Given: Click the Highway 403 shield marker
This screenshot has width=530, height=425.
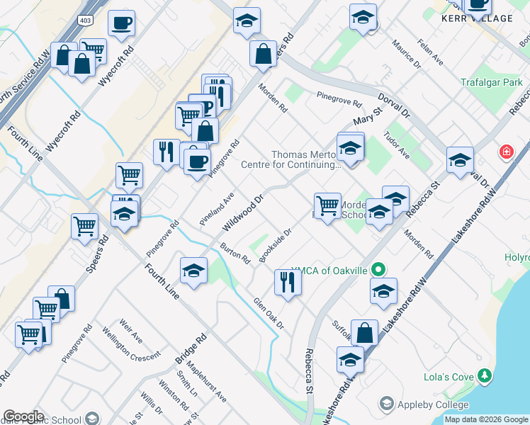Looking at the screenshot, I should tap(85, 16).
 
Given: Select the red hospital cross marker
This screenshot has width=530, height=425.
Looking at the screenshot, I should tap(506, 151).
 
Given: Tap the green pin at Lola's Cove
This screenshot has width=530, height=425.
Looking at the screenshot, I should tap(485, 375).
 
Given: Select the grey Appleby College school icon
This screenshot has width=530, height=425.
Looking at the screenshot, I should tap(386, 403).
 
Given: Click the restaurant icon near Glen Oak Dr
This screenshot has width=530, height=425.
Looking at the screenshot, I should tap(288, 282).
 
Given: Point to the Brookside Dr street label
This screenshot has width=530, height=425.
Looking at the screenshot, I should tap(276, 245).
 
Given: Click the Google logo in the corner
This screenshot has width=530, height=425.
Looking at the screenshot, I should tap(23, 416).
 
